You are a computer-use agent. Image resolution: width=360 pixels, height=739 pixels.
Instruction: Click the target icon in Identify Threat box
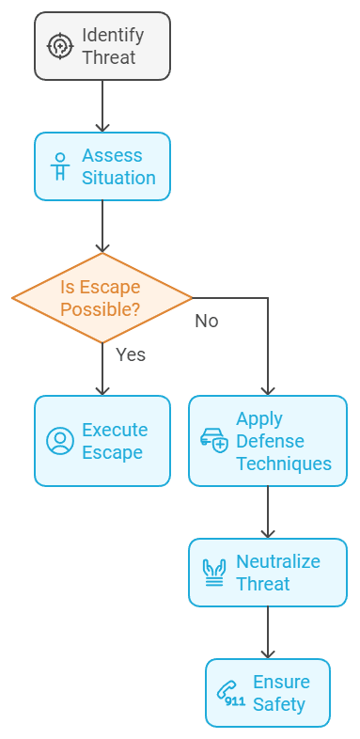pyautogui.click(x=60, y=46)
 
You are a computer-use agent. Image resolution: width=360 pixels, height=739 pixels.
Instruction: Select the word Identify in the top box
pyautogui.click(x=113, y=36)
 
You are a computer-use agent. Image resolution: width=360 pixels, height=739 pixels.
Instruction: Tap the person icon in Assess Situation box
pyautogui.click(x=60, y=166)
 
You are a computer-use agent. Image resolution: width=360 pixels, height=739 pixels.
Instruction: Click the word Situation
pyautogui.click(x=118, y=178)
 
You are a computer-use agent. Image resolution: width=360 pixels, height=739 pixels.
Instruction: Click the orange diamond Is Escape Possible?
pyautogui.click(x=102, y=298)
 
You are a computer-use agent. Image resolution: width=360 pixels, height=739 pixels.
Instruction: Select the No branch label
pyautogui.click(x=207, y=321)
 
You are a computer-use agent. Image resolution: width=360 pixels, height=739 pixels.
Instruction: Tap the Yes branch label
pyautogui.click(x=131, y=354)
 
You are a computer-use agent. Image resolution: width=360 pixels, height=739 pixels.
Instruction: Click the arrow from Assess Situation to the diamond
pyautogui.click(x=102, y=226)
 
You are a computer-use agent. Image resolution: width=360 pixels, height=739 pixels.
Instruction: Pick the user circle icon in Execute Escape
pyautogui.click(x=60, y=441)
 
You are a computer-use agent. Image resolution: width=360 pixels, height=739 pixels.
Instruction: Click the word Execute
pyautogui.click(x=115, y=430)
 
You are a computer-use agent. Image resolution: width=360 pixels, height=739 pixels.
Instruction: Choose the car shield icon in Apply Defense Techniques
pyautogui.click(x=214, y=441)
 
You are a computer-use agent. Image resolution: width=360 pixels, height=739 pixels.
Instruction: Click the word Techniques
pyautogui.click(x=284, y=464)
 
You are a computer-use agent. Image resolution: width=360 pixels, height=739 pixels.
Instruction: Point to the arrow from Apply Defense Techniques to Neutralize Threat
pyautogui.click(x=268, y=511)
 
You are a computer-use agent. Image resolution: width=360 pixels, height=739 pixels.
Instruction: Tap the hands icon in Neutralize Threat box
pyautogui.click(x=214, y=573)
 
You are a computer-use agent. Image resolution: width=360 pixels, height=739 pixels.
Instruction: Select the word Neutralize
pyautogui.click(x=278, y=561)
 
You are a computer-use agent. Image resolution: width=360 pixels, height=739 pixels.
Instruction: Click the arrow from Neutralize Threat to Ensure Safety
pyautogui.click(x=268, y=632)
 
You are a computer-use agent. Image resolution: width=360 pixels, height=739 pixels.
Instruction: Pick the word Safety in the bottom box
pyautogui.click(x=279, y=704)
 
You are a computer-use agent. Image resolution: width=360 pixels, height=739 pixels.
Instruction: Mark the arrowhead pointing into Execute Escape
pyautogui.click(x=102, y=388)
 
